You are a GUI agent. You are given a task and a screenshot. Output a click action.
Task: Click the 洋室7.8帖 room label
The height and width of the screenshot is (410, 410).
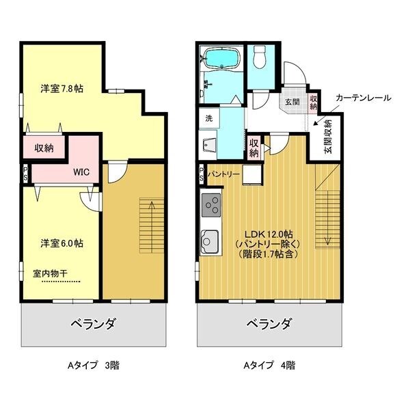61,89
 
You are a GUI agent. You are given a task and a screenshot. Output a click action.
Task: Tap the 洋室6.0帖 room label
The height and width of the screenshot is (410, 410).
61,243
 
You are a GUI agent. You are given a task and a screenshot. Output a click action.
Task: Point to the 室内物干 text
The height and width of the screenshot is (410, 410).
51,273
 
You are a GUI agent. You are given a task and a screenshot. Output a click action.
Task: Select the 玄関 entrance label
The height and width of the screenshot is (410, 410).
292,102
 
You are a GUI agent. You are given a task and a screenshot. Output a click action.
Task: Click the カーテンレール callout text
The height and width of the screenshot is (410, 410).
363,98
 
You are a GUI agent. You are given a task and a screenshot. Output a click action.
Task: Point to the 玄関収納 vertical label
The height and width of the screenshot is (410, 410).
327,137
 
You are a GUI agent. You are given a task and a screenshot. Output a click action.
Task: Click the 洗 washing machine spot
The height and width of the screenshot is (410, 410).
208,118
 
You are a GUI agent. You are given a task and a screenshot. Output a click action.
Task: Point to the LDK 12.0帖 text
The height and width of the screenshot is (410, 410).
261,230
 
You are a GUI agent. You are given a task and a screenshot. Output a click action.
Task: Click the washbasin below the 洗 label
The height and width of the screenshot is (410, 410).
208,145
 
